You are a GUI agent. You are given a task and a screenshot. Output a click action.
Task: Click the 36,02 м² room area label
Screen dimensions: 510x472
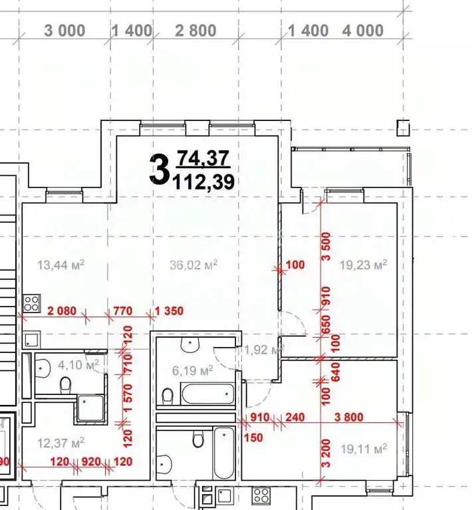tap(193, 265)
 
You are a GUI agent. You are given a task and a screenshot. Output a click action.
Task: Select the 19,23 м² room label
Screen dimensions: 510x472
tap(363, 265)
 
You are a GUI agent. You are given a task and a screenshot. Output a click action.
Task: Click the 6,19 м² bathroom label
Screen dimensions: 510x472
tap(192, 369)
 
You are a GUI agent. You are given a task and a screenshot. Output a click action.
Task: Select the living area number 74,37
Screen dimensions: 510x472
tap(203, 158)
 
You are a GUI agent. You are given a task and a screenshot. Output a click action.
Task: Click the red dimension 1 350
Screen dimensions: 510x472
tap(168, 311)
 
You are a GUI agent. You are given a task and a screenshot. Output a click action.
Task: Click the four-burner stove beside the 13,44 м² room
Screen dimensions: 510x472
tap(31, 303)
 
